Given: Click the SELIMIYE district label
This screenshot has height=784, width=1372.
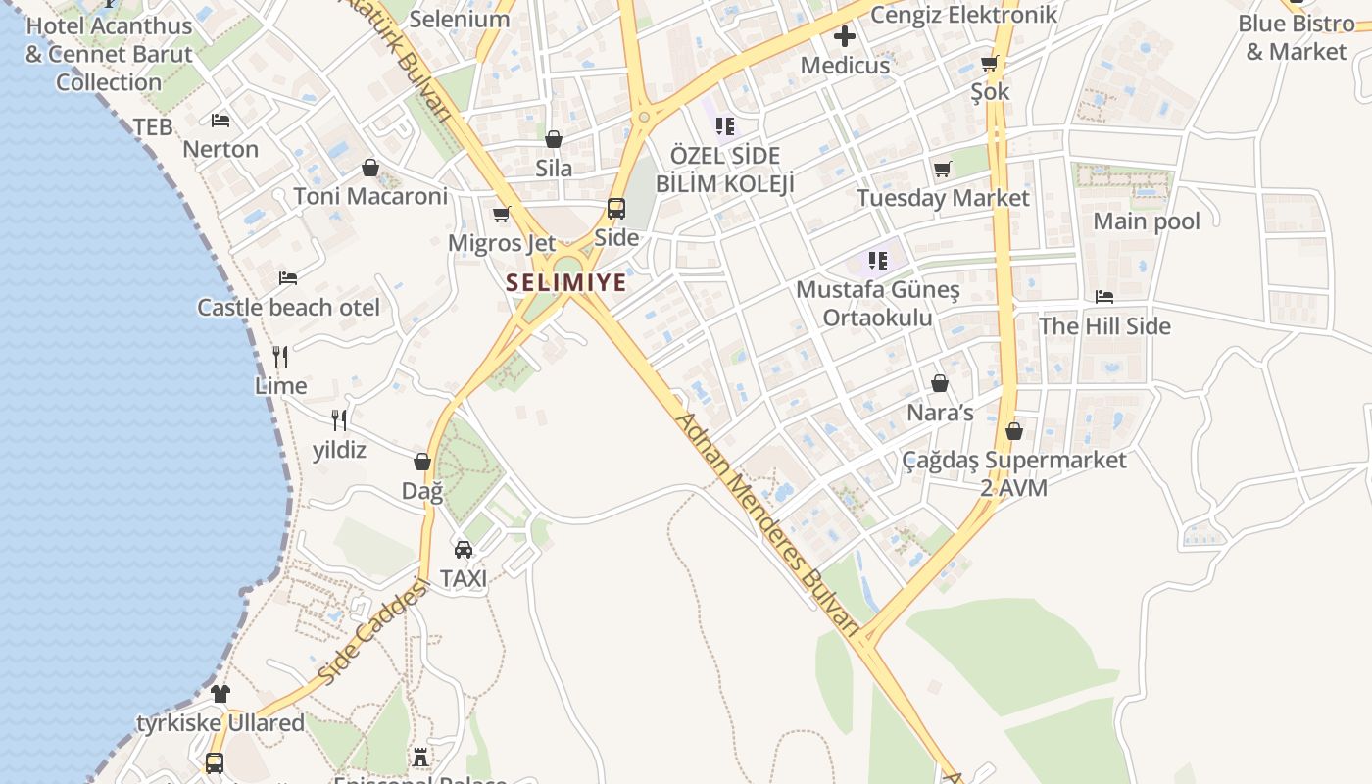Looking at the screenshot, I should click(x=565, y=283).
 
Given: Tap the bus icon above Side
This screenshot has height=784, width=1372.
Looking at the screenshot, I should click(x=616, y=208).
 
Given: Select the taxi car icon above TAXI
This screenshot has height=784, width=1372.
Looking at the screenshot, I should click(x=464, y=549).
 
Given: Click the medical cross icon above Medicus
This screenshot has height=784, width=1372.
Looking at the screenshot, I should click(x=845, y=37).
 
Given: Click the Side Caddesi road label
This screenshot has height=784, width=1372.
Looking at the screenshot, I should click(x=374, y=633).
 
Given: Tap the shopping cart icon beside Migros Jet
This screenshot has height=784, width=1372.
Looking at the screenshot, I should click(x=502, y=214).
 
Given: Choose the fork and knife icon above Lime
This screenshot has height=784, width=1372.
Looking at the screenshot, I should click(x=280, y=356).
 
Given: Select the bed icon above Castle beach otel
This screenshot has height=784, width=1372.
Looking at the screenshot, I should click(x=288, y=278).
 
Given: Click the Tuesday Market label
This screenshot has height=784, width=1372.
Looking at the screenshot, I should click(x=943, y=198).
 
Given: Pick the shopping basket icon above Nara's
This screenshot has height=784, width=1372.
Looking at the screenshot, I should click(x=940, y=383).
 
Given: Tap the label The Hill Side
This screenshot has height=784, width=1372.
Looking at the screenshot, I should click(x=1104, y=325).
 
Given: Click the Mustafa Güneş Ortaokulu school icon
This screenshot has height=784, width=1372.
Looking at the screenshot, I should click(x=877, y=261).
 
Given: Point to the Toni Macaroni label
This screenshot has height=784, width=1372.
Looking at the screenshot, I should click(x=370, y=196).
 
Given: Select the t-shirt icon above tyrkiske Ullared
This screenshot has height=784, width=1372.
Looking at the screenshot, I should click(x=220, y=694).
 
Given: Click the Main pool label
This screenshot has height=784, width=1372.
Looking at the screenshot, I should click(x=1147, y=221).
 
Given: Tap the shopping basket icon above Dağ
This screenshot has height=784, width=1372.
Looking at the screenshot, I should click(x=422, y=462).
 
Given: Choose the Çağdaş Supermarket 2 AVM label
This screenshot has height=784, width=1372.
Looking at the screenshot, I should click(x=1014, y=473).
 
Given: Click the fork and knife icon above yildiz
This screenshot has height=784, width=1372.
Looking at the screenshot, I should click(x=339, y=420).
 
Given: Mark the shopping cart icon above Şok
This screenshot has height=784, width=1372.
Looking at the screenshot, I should click(x=990, y=64).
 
